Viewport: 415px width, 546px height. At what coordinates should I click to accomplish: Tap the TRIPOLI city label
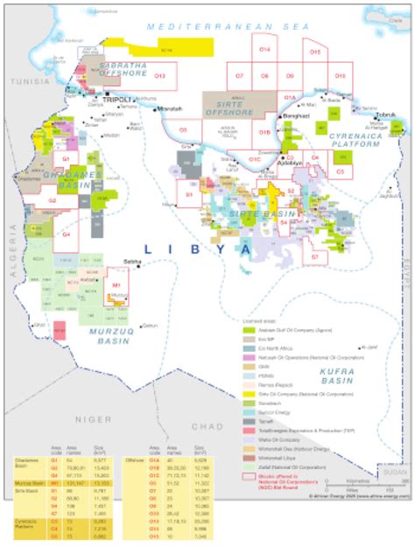tap(116, 101)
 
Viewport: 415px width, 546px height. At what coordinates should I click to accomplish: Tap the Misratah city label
tap(169, 108)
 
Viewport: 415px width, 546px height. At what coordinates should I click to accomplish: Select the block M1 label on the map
tap(116, 285)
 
